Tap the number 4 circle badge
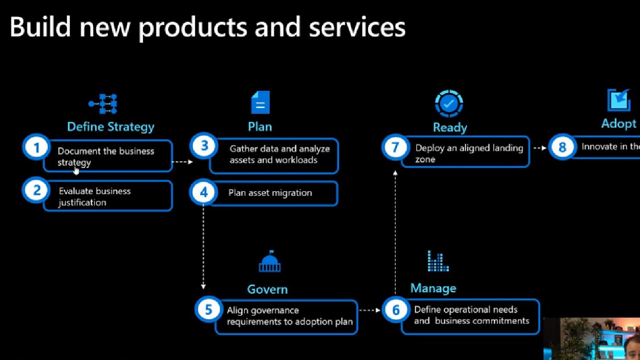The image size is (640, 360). (x=204, y=192)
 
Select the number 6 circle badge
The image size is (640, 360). (x=396, y=310)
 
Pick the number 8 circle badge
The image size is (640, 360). (x=562, y=147)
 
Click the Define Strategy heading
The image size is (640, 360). (x=111, y=127)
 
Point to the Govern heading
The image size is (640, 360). (x=267, y=289)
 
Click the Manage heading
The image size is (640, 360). (x=433, y=288)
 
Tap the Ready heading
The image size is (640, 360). (x=450, y=127)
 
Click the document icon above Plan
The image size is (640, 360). (x=260, y=102)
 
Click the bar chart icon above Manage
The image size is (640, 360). (x=437, y=260)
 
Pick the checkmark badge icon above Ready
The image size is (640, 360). (x=449, y=104)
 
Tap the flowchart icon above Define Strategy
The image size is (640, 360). (x=103, y=104)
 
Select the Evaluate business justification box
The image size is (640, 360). (x=108, y=196)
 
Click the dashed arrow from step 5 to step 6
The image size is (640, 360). (x=369, y=310)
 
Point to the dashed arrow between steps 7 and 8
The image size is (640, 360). (x=540, y=148)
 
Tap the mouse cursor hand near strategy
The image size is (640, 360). (x=76, y=170)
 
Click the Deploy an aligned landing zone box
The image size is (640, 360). (x=465, y=153)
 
